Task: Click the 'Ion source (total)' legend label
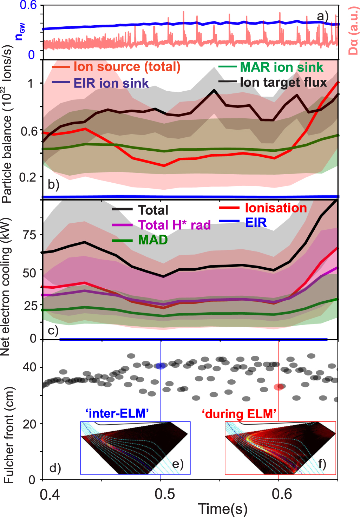127,66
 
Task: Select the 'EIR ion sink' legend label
111,83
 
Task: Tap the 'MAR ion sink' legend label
281,67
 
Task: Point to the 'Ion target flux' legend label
283,82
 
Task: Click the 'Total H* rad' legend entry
174,225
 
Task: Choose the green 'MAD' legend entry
153,240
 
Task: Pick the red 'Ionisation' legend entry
276,208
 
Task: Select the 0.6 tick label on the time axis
282,494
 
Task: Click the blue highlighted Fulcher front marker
161,366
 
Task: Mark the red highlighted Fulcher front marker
279,387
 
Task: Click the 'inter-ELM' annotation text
117,413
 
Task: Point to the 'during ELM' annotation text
239,414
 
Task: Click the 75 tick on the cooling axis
30,235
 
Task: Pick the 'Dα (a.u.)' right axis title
353,32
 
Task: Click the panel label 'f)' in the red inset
322,464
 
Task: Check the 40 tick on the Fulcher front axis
30,367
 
